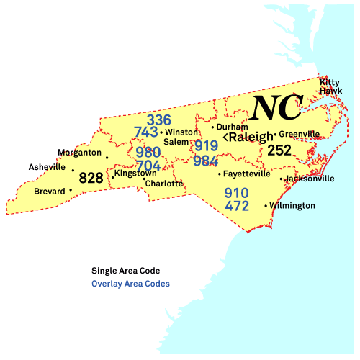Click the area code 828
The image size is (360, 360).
point(91,178)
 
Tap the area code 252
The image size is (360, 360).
point(279,150)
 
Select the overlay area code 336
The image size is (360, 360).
point(159,120)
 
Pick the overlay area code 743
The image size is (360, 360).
point(146,132)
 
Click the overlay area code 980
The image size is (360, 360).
point(148,153)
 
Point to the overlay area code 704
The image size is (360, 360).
point(148,166)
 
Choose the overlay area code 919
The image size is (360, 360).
point(206,145)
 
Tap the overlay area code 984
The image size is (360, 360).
point(206,160)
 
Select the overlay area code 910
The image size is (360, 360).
point(236,193)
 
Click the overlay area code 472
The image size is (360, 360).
point(236,207)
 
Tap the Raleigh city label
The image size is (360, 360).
point(251,137)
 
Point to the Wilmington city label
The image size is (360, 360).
point(292,206)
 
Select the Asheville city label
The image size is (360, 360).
point(47,167)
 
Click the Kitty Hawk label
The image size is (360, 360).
point(330,86)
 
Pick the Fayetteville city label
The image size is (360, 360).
point(247,174)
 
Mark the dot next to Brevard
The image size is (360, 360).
point(71,191)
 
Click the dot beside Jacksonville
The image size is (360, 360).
point(281,179)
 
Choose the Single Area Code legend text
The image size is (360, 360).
point(125,271)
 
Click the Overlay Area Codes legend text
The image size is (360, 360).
point(130,284)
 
